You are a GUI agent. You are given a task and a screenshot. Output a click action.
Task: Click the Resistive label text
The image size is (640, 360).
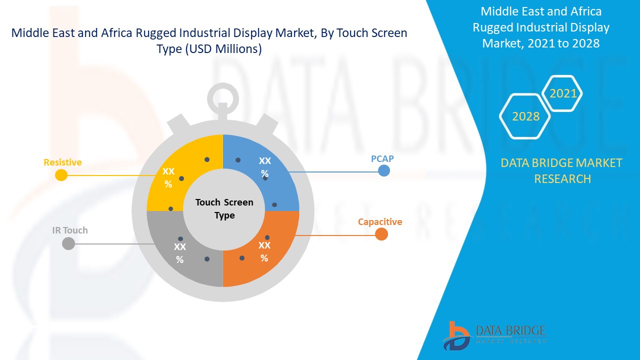(x=62, y=162)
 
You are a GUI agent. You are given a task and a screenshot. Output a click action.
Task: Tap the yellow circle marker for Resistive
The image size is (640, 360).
(x=61, y=175)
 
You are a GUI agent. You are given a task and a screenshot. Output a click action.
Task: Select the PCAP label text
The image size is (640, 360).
(x=382, y=158)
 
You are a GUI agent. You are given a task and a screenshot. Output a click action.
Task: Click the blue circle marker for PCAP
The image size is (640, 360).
(x=384, y=170)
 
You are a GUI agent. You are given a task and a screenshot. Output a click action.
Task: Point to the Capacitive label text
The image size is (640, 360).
(x=380, y=221)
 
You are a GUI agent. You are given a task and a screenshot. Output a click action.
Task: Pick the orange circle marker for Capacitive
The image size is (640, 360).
(x=381, y=234)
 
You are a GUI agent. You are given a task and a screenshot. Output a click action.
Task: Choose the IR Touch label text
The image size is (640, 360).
(x=70, y=230)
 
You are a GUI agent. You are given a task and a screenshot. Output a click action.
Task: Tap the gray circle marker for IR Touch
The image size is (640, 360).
(x=68, y=243)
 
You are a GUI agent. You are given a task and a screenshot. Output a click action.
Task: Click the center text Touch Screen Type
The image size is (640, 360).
(x=224, y=209)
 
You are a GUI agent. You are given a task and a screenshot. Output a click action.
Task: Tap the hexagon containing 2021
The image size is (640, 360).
(x=563, y=93)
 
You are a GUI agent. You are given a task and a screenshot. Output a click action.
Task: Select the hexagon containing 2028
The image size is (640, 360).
(x=525, y=116)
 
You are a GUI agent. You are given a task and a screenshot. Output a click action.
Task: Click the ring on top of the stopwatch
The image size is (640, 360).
(x=223, y=95)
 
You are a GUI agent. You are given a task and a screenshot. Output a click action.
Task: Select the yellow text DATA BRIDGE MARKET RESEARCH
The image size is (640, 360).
(x=561, y=170)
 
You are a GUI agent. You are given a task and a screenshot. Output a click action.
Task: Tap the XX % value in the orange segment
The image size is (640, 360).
(x=264, y=251)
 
